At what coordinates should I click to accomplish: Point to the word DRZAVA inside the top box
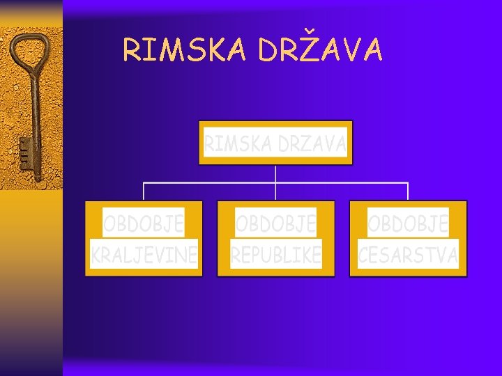coord(312,144)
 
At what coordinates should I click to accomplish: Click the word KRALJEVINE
coord(144,255)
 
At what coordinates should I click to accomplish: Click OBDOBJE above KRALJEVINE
coord(144,224)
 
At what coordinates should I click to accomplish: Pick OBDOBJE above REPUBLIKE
coord(275,224)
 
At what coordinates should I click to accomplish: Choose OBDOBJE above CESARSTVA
coord(408,224)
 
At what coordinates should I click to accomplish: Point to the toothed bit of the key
coord(24,149)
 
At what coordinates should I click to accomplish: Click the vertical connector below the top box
coord(276,174)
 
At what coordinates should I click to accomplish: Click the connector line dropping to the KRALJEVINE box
coord(144,191)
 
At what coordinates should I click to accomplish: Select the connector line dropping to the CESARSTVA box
coord(408,191)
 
